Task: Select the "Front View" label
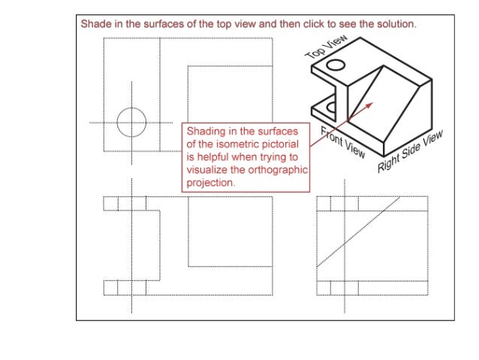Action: click(x=343, y=143)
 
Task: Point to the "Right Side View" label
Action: click(x=410, y=150)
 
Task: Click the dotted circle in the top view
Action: click(x=131, y=122)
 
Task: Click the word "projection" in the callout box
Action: click(x=211, y=183)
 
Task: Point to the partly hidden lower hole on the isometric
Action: click(x=332, y=107)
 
